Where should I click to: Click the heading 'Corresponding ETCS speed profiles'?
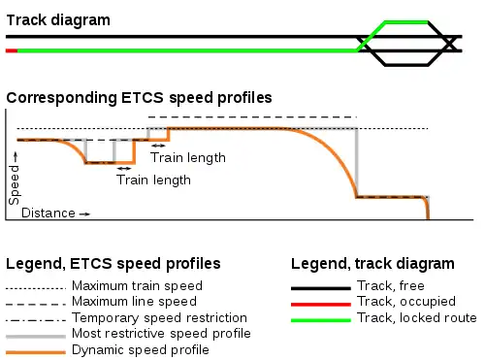click(x=139, y=97)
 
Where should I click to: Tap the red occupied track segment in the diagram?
click(x=11, y=49)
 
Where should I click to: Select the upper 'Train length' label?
click(x=188, y=157)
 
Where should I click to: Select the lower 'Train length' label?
click(x=153, y=180)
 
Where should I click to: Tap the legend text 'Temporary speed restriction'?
click(x=159, y=317)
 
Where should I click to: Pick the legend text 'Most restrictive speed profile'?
click(x=161, y=333)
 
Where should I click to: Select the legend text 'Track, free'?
click(x=392, y=287)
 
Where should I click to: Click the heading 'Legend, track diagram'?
click(x=372, y=263)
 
